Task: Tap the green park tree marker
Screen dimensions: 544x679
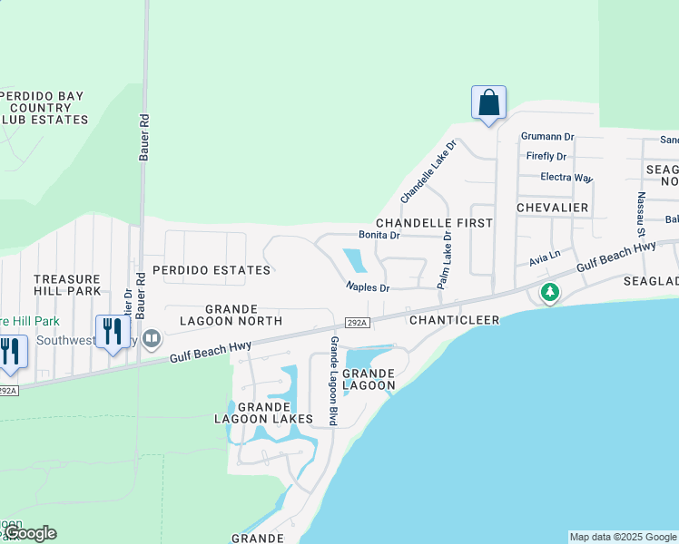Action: (549, 293)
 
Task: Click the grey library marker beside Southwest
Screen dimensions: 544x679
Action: (152, 339)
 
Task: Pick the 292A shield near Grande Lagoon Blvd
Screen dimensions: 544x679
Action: (357, 323)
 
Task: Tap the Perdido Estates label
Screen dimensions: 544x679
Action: (211, 270)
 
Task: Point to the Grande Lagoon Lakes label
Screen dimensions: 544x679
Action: (263, 413)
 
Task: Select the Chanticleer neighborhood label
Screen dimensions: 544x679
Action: (450, 320)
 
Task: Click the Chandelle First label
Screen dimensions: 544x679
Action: (434, 223)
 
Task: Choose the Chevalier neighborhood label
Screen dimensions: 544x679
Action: (552, 209)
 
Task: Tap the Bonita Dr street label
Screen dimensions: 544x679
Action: (379, 235)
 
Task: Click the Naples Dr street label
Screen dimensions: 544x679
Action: (367, 287)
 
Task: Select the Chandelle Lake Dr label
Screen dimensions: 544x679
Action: (428, 170)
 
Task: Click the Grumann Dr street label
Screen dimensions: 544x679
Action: (547, 137)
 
